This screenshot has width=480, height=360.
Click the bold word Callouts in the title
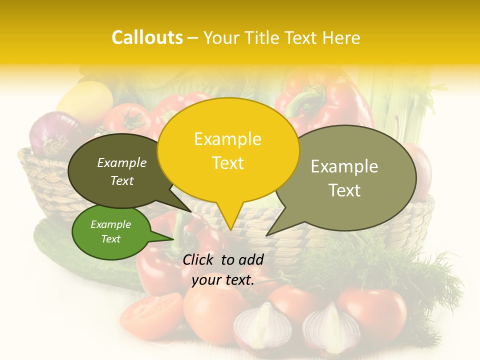(x=147, y=37)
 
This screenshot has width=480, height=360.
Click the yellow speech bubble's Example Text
(x=228, y=150)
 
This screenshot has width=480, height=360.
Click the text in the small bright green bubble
(x=110, y=231)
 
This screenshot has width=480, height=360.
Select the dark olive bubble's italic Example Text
(x=122, y=171)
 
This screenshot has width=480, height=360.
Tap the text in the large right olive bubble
(x=344, y=178)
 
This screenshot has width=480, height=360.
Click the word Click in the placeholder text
(x=199, y=259)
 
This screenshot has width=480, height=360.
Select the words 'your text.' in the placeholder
(x=223, y=280)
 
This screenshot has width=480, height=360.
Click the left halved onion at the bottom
(x=262, y=327)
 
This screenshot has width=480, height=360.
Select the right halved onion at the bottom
(x=330, y=327)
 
